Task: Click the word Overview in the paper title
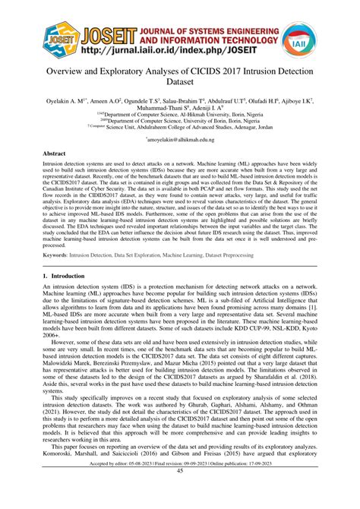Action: coord(73,70)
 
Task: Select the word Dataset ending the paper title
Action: coord(179,84)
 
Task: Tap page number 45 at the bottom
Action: coord(180,493)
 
